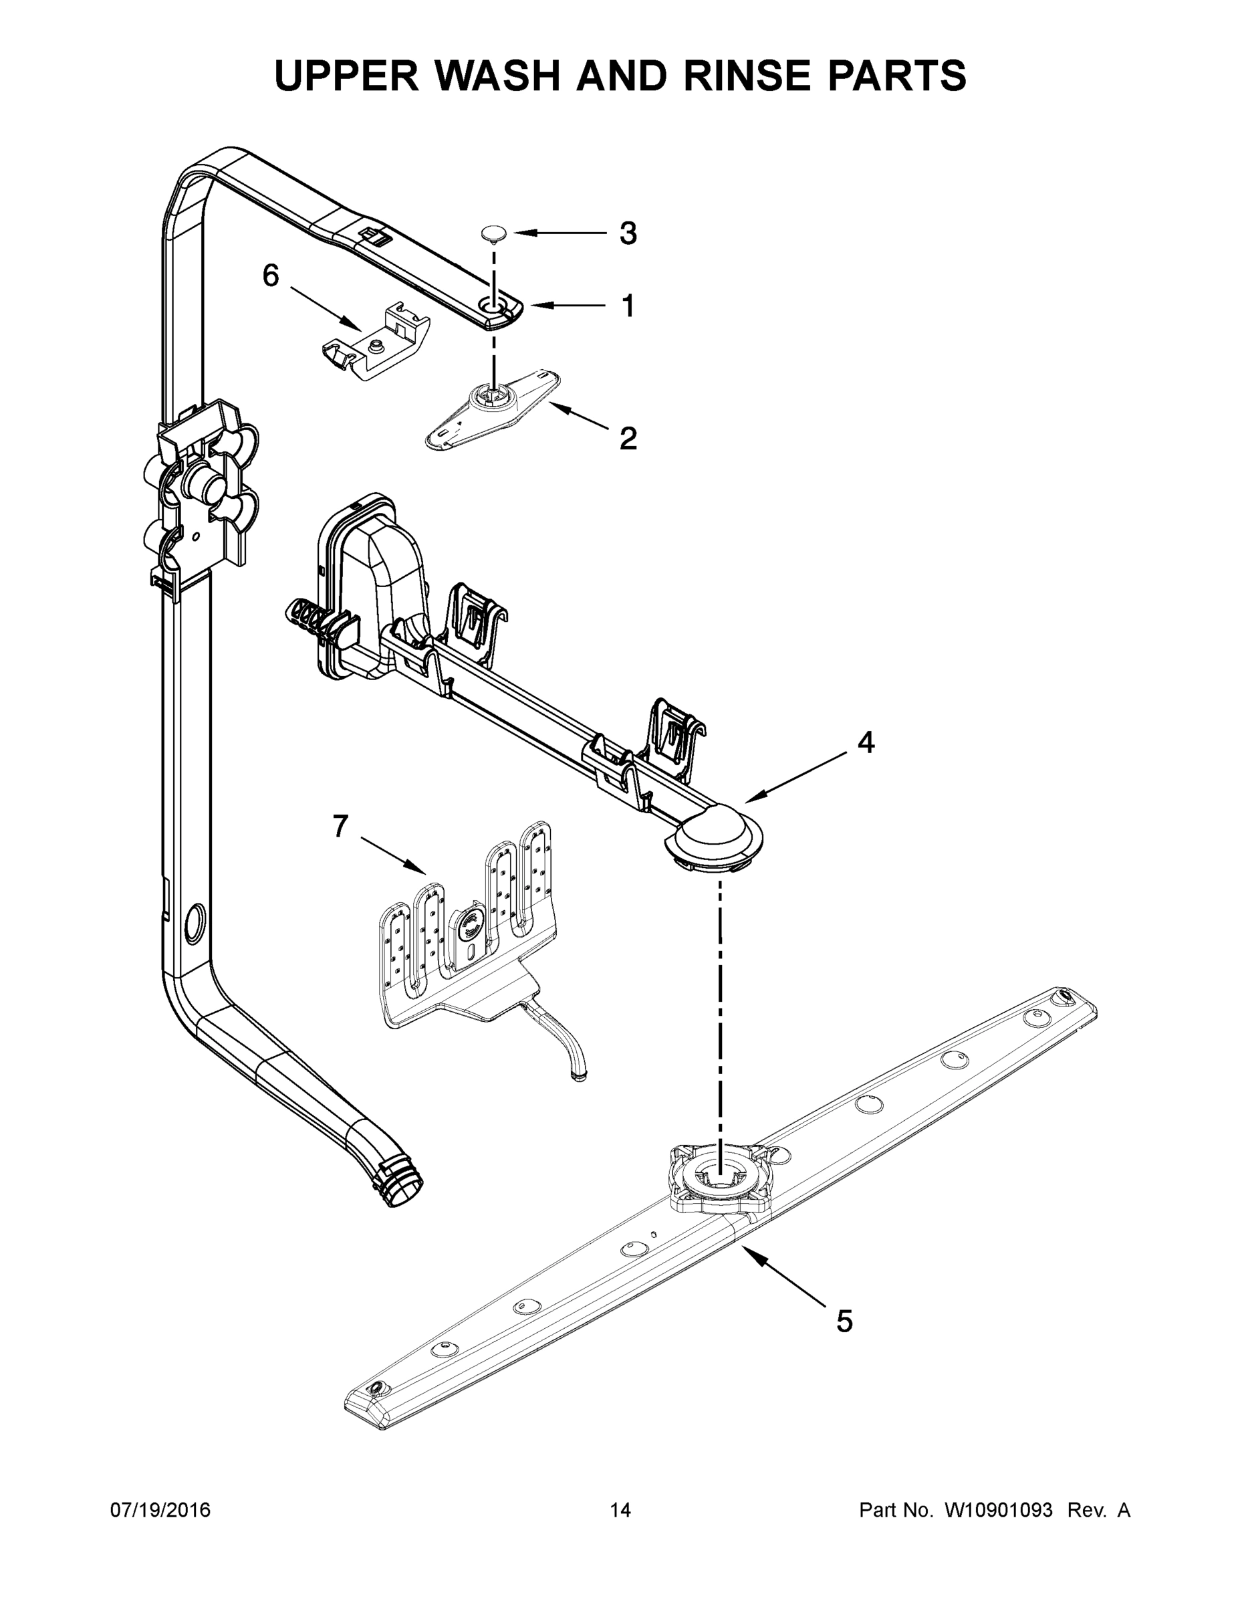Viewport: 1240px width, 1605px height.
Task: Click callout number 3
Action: [x=627, y=233]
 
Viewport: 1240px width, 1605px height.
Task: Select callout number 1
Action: [x=627, y=306]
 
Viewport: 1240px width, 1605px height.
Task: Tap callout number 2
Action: [x=627, y=439]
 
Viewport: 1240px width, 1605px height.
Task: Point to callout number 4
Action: [x=866, y=743]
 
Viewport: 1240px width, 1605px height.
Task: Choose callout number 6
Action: [x=271, y=276]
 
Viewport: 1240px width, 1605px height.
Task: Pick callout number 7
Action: [x=340, y=827]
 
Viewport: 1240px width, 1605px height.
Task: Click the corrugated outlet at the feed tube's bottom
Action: [x=400, y=1183]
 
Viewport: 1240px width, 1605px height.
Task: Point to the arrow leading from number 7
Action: [x=392, y=856]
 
